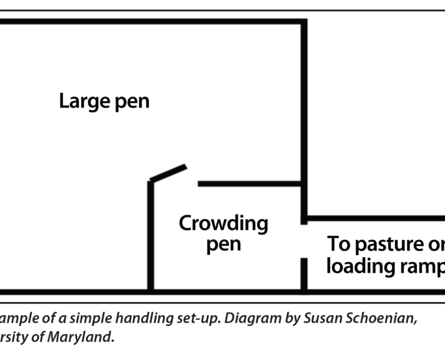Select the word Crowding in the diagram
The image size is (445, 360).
tap(223, 224)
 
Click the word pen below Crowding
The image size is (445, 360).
tap(223, 245)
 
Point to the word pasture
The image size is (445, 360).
tap(382, 245)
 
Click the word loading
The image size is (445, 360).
tap(358, 266)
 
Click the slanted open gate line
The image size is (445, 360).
tap(168, 173)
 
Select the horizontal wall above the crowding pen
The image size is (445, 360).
tap(250, 184)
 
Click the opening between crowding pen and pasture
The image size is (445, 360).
tap(304, 241)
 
